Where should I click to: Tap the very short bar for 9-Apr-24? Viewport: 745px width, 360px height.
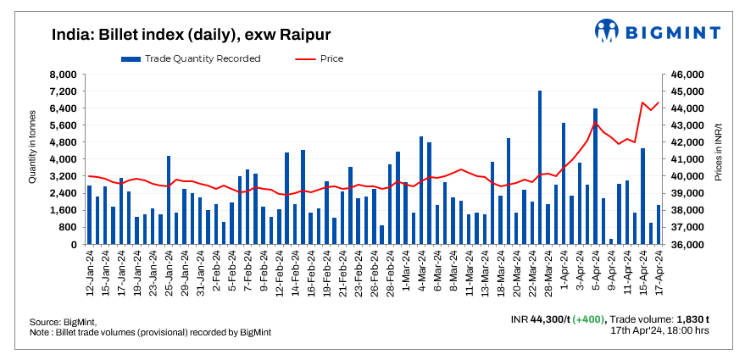click(611, 241)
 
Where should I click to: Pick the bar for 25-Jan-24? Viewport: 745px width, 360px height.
click(169, 200)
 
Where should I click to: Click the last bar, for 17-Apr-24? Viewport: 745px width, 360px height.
click(659, 224)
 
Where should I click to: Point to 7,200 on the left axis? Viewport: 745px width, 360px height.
click(64, 91)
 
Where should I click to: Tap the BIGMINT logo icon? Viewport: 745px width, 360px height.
click(607, 30)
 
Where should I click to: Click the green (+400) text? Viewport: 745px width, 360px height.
click(587, 319)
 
